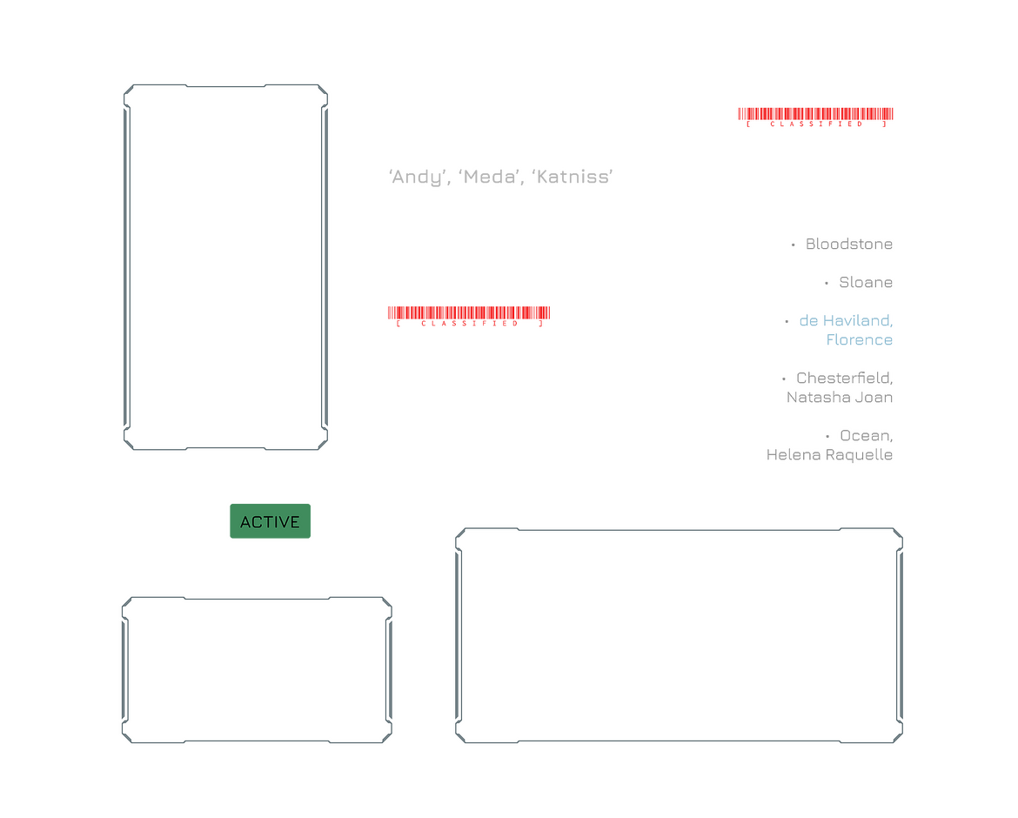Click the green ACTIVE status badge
(x=270, y=522)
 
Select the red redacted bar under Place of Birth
(x=469, y=313)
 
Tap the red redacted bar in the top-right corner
(x=815, y=114)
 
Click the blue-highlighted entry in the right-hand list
(x=847, y=330)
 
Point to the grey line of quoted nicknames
(x=501, y=177)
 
